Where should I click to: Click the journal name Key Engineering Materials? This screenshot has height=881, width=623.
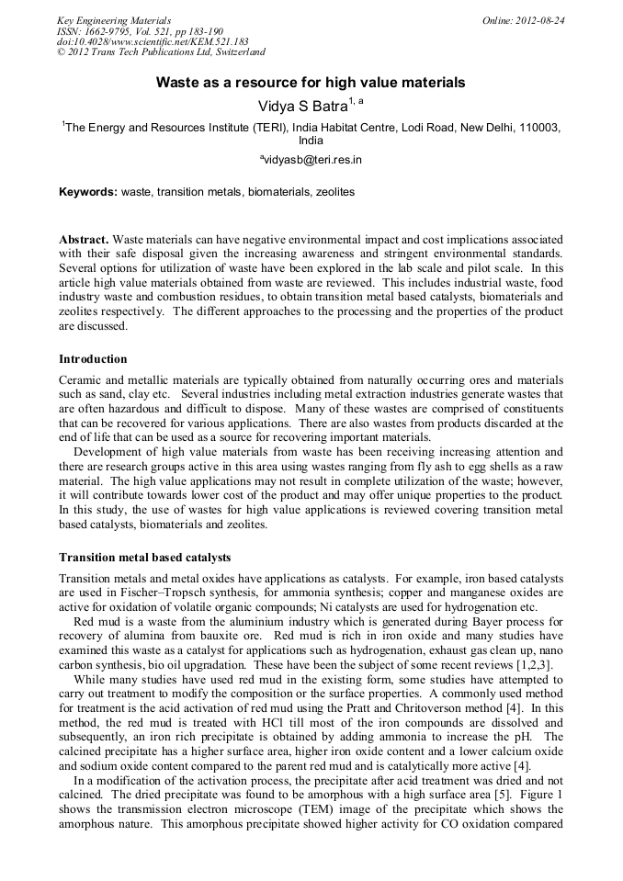pos(114,19)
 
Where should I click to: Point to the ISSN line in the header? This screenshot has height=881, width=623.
pos(140,30)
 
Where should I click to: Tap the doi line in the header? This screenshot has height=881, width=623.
pos(153,41)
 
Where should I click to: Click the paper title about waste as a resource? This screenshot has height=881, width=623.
pos(311,83)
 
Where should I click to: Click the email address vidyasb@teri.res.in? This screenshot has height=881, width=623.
pos(311,159)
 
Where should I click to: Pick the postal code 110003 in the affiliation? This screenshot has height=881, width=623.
pos(534,128)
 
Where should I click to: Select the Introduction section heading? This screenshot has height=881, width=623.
pos(93,358)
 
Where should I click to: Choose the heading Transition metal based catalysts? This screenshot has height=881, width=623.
pos(144,558)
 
